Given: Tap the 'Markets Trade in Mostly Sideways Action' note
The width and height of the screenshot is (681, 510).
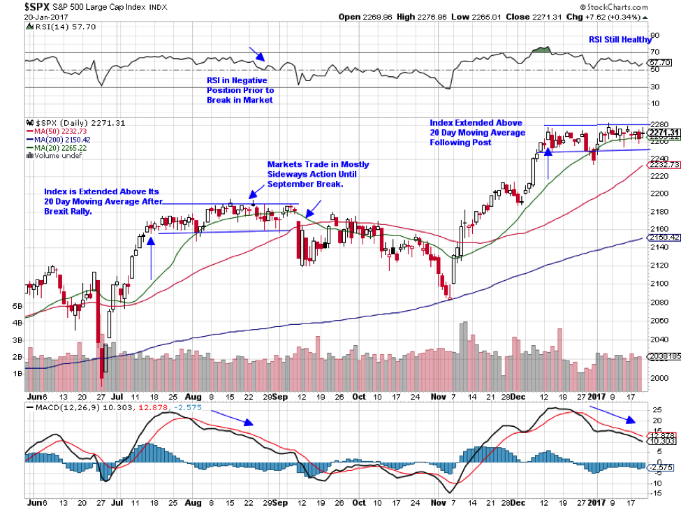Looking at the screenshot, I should click(318, 174).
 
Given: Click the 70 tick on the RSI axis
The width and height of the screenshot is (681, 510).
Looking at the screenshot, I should click(655, 52).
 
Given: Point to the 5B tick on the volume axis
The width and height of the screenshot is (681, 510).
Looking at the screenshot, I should click(17, 307).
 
